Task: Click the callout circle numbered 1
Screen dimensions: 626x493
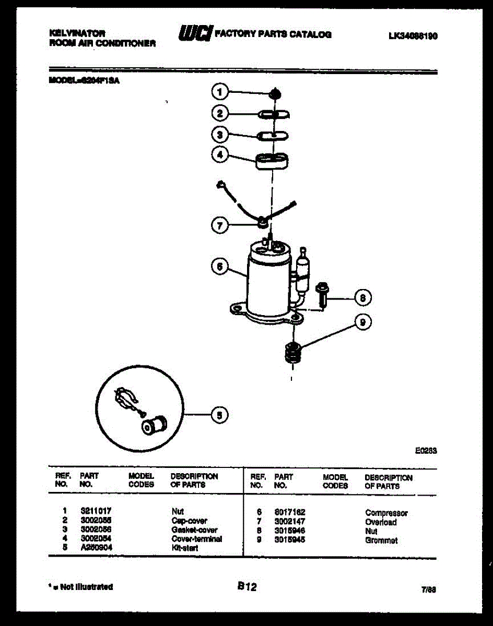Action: pyautogui.click(x=219, y=92)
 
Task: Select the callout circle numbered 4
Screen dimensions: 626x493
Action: pyautogui.click(x=219, y=154)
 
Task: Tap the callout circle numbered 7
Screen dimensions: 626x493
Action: pyautogui.click(x=219, y=225)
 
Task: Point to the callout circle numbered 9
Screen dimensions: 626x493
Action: pyautogui.click(x=363, y=323)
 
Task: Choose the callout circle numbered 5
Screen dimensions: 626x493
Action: pyautogui.click(x=219, y=415)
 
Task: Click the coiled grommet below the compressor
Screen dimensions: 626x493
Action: pyautogui.click(x=292, y=355)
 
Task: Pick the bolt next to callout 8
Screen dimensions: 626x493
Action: pyautogui.click(x=321, y=294)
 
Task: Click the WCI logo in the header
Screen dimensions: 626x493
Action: pyautogui.click(x=195, y=34)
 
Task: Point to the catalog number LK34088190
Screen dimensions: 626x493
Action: pyautogui.click(x=413, y=36)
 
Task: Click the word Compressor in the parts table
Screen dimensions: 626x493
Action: pyautogui.click(x=386, y=513)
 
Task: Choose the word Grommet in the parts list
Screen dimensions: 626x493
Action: pyautogui.click(x=381, y=540)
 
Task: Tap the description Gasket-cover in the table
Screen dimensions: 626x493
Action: pyautogui.click(x=194, y=529)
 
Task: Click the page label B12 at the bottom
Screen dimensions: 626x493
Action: pyautogui.click(x=246, y=587)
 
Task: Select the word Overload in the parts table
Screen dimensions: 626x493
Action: pyautogui.click(x=381, y=522)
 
